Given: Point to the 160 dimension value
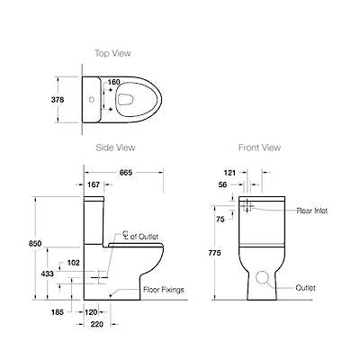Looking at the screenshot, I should (114, 83).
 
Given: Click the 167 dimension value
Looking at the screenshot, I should (94, 185).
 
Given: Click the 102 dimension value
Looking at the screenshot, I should (75, 264).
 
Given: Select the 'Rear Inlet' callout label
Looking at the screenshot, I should (312, 211).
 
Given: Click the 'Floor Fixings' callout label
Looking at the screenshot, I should (165, 291).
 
